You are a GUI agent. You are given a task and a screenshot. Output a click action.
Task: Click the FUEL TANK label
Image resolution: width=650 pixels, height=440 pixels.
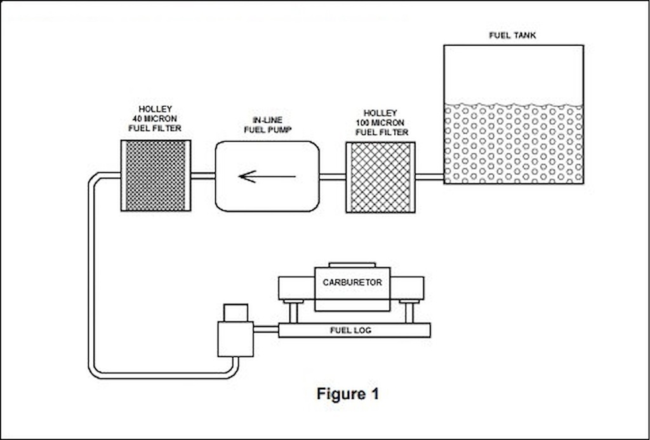(x=512, y=36)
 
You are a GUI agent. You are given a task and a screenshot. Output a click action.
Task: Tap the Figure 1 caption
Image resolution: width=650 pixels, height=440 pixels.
(x=348, y=394)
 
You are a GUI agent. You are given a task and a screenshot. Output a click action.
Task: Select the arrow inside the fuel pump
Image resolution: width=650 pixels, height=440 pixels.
(x=267, y=176)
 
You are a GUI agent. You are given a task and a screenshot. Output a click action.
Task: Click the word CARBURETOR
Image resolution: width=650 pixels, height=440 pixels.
(x=352, y=282)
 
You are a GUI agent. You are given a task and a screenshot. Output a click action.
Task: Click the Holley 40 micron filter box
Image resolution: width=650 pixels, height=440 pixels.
(x=156, y=175)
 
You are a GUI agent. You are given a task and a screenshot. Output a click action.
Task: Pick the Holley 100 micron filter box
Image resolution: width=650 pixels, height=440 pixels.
(x=380, y=176)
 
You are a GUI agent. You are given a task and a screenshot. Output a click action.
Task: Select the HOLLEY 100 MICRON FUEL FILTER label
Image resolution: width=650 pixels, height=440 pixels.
(x=382, y=122)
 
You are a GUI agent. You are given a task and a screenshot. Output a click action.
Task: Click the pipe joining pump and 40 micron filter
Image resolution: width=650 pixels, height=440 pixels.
(x=202, y=176)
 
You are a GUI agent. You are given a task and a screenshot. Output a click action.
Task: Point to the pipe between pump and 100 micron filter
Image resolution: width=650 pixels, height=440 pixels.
(x=332, y=176)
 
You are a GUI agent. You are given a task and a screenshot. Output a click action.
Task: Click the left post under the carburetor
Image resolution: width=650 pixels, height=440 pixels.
(x=293, y=311)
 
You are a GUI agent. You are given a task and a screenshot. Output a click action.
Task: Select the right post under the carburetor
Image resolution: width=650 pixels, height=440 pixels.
(x=409, y=311)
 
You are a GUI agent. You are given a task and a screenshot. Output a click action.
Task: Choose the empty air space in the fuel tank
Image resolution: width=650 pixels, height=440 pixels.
(x=513, y=73)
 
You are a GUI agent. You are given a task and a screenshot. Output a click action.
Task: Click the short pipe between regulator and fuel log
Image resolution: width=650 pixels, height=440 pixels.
(x=266, y=329)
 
